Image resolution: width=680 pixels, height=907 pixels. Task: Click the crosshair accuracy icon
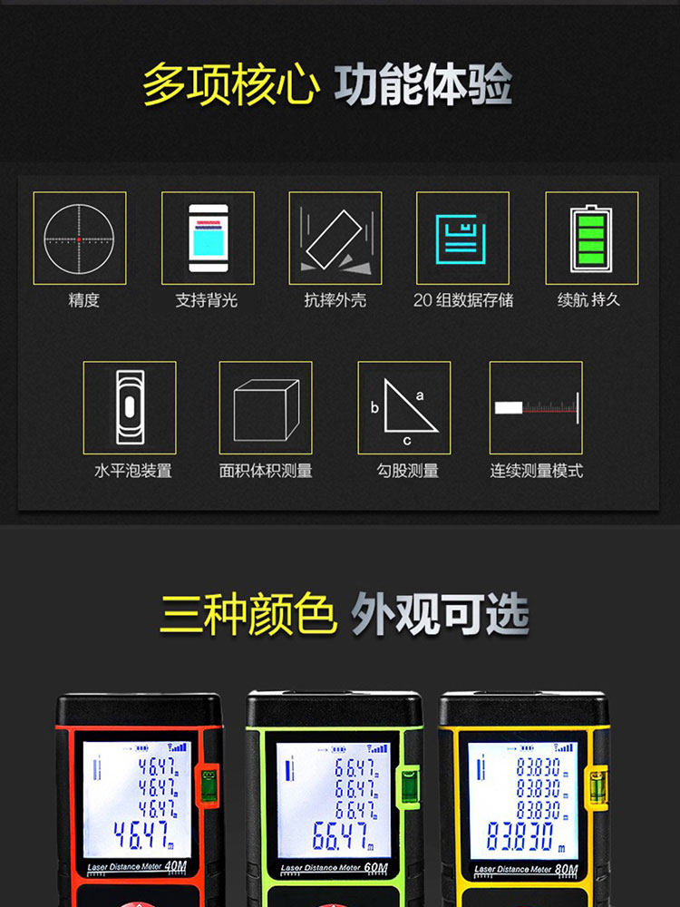pos(79,239)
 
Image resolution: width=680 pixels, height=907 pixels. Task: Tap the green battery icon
pos(591,238)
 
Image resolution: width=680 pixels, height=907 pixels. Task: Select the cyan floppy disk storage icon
pos(461,239)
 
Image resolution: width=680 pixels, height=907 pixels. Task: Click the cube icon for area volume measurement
pos(266,410)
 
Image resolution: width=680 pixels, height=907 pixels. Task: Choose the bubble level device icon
pos(130,407)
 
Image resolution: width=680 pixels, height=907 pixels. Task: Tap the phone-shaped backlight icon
pos(209,238)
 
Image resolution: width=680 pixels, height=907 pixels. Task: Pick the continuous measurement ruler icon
pos(537,408)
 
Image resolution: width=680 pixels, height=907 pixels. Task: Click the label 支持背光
pos(207,299)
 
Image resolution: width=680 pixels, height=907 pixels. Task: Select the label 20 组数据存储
pos(463,299)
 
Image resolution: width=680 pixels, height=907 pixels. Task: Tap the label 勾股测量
pos(408,470)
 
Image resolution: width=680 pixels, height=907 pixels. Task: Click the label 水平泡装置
pos(133,470)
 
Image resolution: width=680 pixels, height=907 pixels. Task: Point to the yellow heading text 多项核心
pos(230,85)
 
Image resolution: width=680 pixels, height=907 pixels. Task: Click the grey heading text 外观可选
pos(440,614)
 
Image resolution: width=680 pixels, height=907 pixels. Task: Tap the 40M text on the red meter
pos(175,866)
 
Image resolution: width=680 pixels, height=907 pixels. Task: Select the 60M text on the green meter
pos(376,868)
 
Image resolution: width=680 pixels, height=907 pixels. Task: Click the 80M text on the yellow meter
pos(566,869)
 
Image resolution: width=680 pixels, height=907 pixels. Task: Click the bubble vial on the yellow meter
pos(597,786)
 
